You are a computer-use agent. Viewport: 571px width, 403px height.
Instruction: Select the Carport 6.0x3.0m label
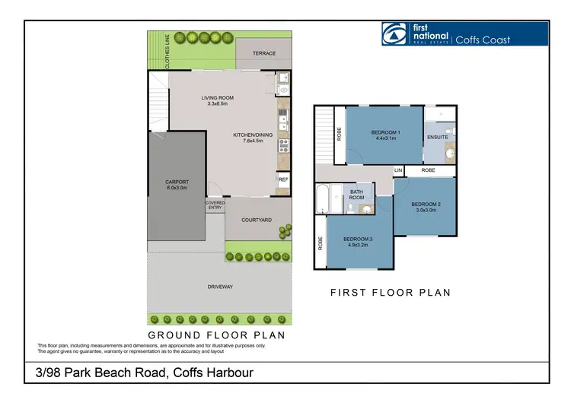pyautogui.click(x=177, y=185)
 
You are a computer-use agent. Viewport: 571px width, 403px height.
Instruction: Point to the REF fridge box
pyautogui.click(x=282, y=180)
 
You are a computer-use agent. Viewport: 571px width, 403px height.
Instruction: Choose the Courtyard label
pyautogui.click(x=257, y=220)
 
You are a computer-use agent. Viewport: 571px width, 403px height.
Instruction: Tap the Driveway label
pyautogui.click(x=220, y=287)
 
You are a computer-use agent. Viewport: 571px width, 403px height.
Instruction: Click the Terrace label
pyautogui.click(x=264, y=54)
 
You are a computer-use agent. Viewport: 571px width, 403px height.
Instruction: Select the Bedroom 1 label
pyautogui.click(x=384, y=135)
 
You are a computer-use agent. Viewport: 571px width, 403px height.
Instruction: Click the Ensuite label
pyautogui.click(x=438, y=138)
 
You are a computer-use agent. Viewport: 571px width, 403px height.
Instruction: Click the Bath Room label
pyautogui.click(x=357, y=195)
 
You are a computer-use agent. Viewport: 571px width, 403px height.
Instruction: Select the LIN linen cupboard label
pyautogui.click(x=398, y=170)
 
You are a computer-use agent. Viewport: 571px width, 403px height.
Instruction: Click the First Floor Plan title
pyautogui.click(x=391, y=293)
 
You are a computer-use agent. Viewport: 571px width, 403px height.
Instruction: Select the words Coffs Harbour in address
pyautogui.click(x=214, y=373)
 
